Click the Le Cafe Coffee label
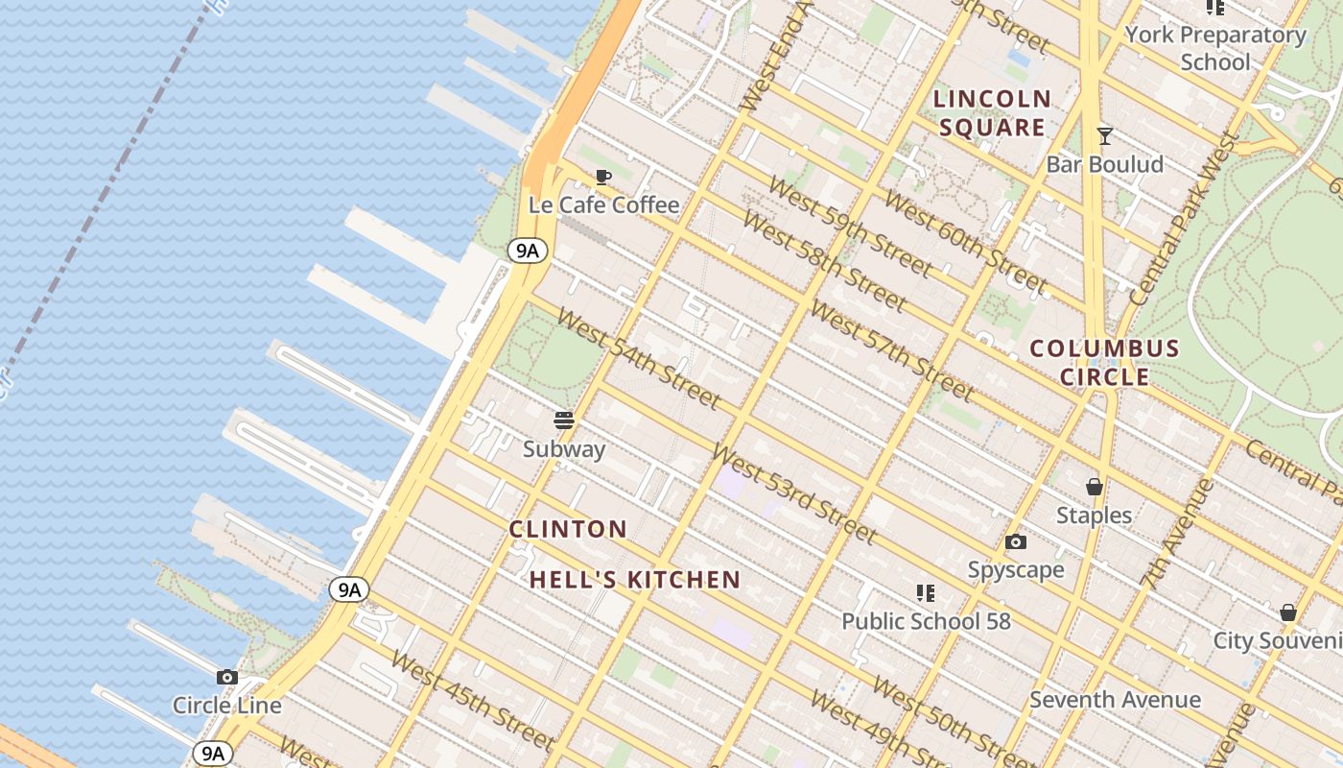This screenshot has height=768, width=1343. pos(603,205)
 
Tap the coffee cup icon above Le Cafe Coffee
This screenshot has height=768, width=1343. pos(603,177)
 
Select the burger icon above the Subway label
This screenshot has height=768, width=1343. pos(564,420)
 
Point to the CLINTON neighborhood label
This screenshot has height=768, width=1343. pos(568,529)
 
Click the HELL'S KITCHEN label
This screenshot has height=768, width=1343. pos(635,580)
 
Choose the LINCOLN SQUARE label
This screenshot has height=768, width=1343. pos(992,113)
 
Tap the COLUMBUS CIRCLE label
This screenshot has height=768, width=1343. pos(1104,362)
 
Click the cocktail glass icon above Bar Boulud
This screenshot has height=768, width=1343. pos(1105,136)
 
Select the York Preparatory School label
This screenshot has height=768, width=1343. pos(1215,49)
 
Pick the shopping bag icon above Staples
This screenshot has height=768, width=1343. pos(1095,488)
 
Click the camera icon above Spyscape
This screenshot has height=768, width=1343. pos(1016,542)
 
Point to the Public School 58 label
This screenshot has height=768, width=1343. pos(926,621)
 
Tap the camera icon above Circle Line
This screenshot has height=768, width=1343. pos(227,678)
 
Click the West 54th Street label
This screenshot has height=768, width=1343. pos(638,358)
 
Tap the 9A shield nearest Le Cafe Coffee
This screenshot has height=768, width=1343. pos(528,252)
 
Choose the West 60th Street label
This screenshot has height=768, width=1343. pos(965,242)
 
